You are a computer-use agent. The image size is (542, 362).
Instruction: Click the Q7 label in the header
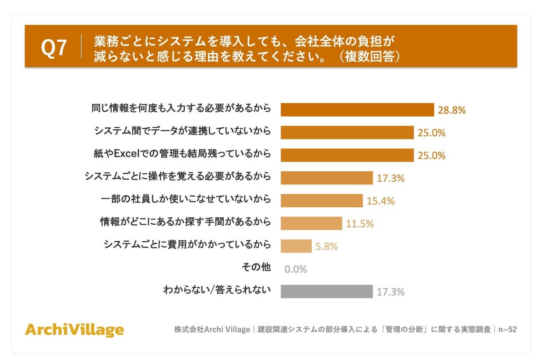(53, 47)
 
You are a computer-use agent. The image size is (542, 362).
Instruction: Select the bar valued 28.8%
(357, 110)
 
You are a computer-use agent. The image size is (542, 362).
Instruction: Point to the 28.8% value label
(451, 110)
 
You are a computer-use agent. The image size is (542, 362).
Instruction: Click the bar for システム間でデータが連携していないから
(347, 133)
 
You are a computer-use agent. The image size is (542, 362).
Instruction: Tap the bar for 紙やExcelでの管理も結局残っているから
(347, 155)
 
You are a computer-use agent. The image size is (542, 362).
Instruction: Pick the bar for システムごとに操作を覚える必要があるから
(327, 178)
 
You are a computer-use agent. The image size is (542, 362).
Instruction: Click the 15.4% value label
(380, 201)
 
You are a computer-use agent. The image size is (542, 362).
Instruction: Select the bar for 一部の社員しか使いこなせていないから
(321, 200)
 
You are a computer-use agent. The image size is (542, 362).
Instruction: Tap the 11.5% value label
(360, 224)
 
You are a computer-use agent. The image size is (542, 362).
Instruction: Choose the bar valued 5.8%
(296, 246)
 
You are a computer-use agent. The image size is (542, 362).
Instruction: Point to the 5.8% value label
(326, 246)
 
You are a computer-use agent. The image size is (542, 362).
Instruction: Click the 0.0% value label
(295, 269)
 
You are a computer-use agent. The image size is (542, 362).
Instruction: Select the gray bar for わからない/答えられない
(327, 292)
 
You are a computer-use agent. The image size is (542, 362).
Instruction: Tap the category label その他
(256, 267)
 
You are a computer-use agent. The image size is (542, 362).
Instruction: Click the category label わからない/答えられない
(216, 289)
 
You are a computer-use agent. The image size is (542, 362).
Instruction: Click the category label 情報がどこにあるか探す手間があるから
(185, 222)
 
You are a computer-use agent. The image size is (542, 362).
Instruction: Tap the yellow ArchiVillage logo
(74, 330)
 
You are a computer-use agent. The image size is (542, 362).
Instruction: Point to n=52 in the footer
(508, 329)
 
